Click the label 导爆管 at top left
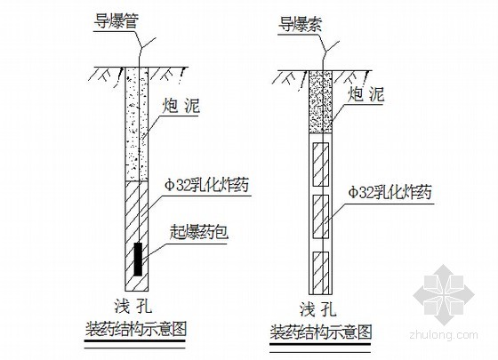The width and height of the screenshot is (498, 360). tap(116, 22)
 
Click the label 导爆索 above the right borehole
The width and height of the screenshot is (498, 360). tap(301, 25)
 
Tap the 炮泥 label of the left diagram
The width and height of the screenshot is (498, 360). tap(181, 106)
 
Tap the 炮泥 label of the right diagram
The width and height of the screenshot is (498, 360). tap(365, 94)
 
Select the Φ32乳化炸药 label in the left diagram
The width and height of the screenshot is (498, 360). tap(206, 185)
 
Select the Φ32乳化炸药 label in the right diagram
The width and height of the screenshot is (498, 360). tap(390, 192)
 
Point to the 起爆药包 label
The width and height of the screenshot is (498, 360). tap(199, 233)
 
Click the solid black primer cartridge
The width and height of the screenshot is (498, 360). tap(138, 259)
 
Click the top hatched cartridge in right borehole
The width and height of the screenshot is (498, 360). tap(320, 164)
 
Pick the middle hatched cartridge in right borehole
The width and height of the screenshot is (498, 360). tap(320, 217)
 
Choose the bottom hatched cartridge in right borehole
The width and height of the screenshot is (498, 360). tap(320, 272)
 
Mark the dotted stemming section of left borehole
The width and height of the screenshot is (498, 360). tap(137, 124)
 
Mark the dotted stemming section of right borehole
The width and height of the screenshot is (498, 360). tap(320, 102)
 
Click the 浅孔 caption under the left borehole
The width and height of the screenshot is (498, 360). tap(133, 307)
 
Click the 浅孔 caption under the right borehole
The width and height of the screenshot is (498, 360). tap(317, 309)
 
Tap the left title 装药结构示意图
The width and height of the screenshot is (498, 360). tap(135, 329)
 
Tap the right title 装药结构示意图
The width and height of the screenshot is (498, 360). tap(321, 332)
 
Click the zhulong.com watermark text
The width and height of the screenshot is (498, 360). tap(444, 334)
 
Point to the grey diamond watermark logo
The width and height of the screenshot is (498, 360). tap(444, 295)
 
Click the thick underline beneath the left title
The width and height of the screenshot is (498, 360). tap(135, 341)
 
